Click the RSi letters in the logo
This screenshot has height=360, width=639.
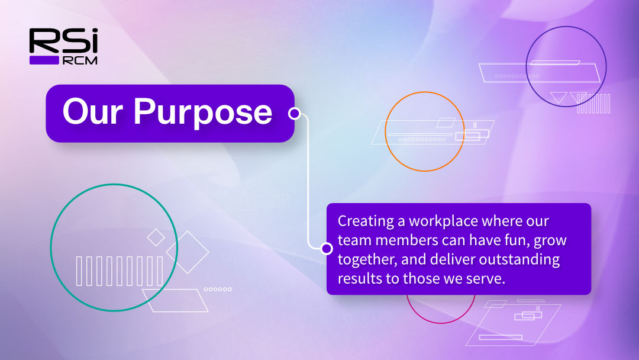63,41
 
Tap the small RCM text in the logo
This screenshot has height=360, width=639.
80,61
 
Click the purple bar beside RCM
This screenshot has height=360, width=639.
44,60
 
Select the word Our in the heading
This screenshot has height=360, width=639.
92,111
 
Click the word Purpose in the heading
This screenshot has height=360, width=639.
202,112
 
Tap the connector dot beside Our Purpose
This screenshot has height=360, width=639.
294,113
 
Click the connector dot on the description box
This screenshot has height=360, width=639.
327,248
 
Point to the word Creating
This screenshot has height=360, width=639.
366,221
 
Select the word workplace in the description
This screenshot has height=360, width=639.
443,221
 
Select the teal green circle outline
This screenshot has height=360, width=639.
50,247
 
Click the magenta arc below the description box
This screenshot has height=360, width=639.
441,322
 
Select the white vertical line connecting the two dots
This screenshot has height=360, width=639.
308,181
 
